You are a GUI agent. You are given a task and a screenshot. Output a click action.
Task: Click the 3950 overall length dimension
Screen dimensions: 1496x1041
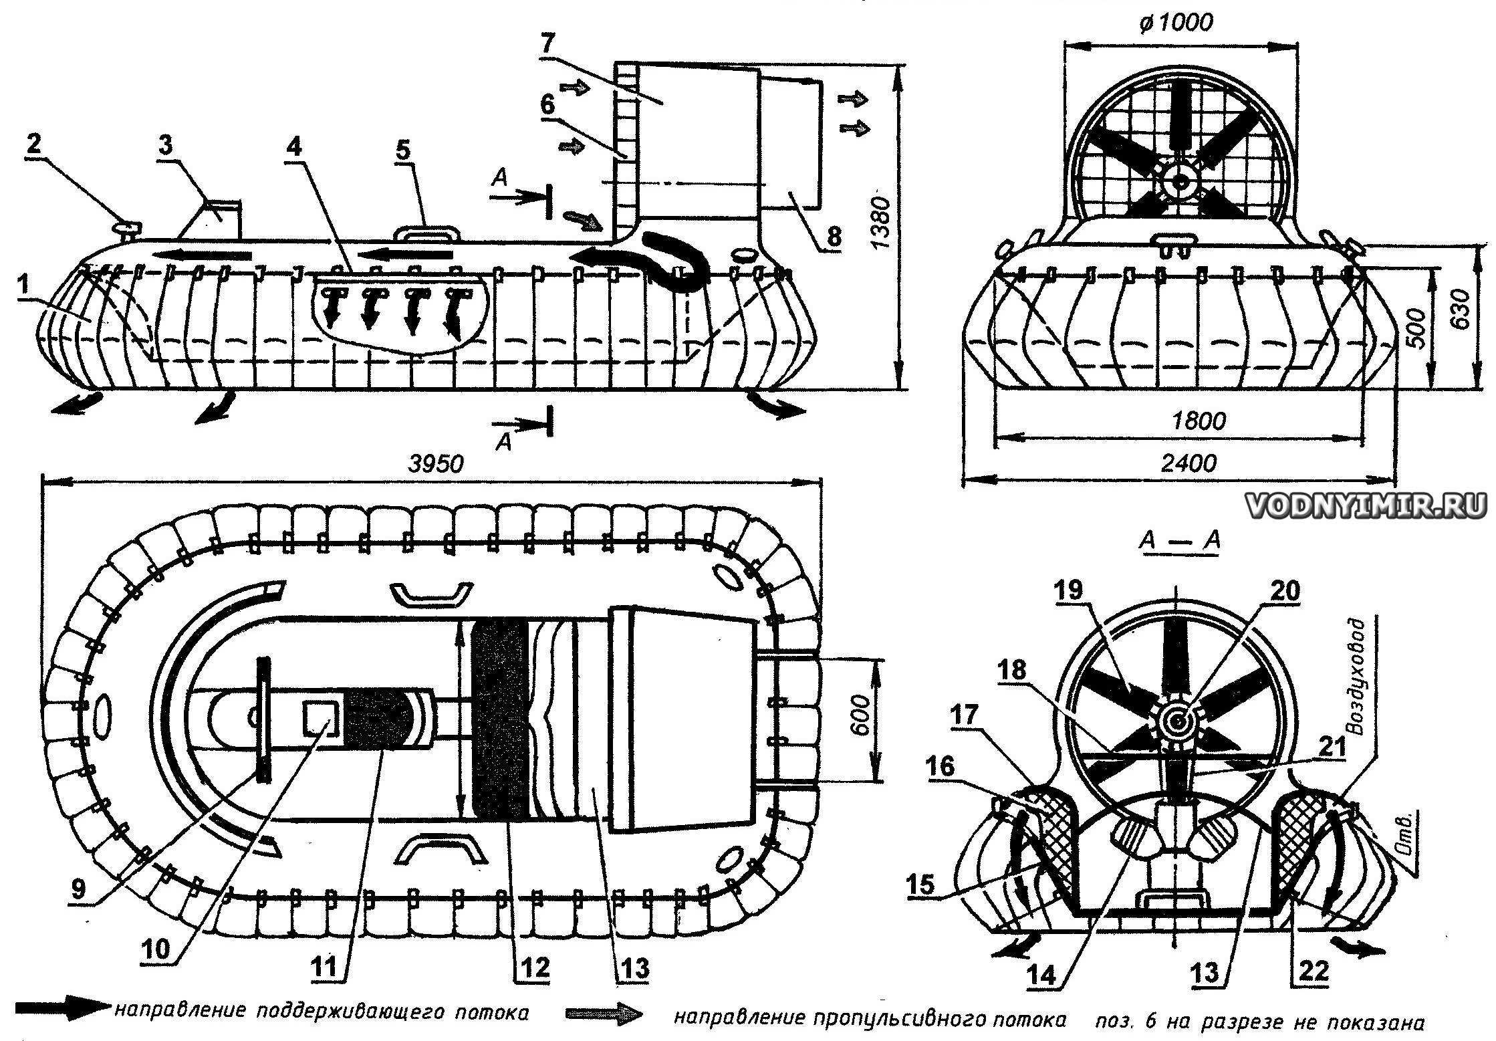[434, 463]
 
